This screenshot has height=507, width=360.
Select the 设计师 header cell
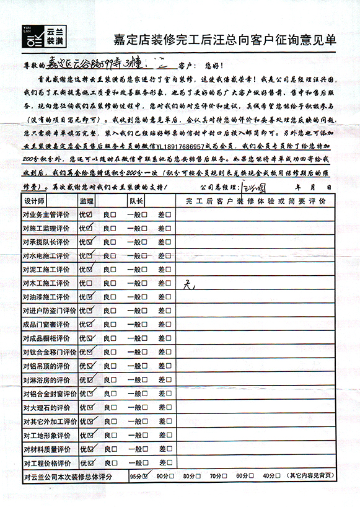35,201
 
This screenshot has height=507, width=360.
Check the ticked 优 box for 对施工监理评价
90,229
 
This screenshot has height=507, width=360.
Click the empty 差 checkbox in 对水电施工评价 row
168,255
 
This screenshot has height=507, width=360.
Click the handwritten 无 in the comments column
190,284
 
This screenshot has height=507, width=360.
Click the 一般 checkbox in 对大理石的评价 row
143,408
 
